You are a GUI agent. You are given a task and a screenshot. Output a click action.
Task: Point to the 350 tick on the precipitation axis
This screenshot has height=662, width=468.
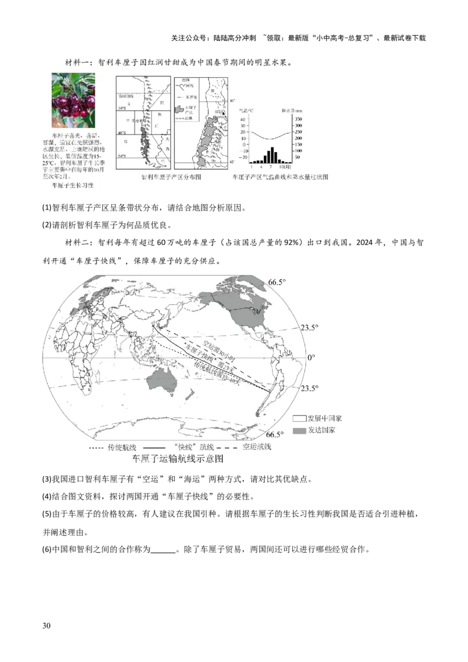click(x=298, y=119)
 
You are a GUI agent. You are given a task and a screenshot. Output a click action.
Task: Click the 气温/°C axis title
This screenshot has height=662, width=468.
click(x=245, y=111)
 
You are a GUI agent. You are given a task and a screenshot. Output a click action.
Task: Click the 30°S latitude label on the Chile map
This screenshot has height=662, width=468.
click(x=122, y=109)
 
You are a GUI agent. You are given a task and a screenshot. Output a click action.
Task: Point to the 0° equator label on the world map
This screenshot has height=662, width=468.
click(x=312, y=357)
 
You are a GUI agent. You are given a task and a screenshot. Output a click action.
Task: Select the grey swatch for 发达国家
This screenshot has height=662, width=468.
click(x=300, y=430)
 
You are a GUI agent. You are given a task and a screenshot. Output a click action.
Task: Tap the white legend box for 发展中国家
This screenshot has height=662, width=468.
click(x=300, y=419)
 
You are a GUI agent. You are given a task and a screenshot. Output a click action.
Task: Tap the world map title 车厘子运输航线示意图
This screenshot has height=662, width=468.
click(x=178, y=459)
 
